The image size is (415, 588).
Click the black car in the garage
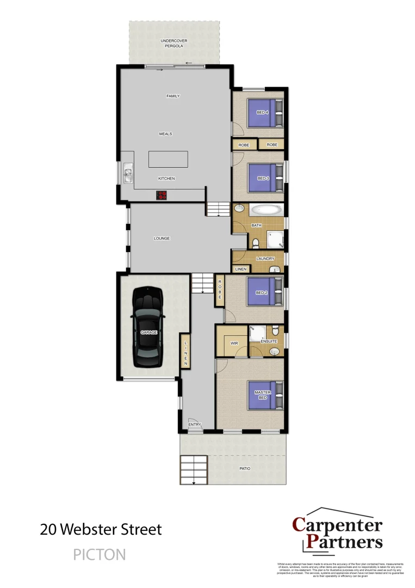pos(148,327)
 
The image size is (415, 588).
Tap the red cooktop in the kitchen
pos(162,194)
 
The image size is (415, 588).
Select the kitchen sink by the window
pos(128,175)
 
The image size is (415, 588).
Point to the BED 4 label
pos(262,113)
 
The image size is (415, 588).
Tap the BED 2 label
pos(262,292)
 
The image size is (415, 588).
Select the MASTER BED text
pos(262,394)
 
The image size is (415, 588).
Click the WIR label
pos(234,344)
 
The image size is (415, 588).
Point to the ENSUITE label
pos(269,341)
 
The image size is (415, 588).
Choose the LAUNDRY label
pos(265,259)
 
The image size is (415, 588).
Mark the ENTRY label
pos(194,424)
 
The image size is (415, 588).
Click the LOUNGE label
pos(162,238)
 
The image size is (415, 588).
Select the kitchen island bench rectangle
pos(169,160)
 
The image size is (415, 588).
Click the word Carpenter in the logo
pos(338,525)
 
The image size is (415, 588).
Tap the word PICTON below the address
pos(100,555)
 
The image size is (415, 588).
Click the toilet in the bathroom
pos(255,243)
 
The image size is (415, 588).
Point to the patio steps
pos(194,469)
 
